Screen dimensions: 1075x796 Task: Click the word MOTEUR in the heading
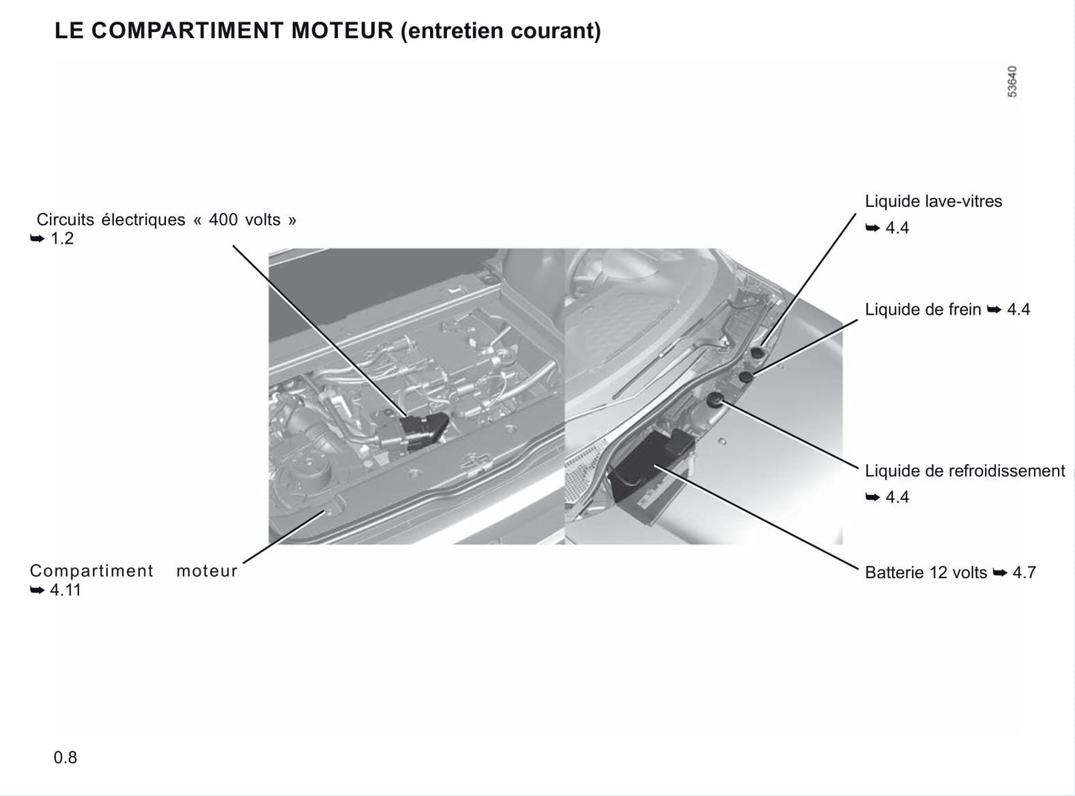(342, 31)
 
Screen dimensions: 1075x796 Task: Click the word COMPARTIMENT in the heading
(187, 31)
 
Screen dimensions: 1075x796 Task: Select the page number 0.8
(65, 757)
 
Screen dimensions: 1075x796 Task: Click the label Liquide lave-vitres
(934, 201)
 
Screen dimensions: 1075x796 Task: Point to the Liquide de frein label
(922, 309)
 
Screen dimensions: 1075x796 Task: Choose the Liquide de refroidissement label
(965, 471)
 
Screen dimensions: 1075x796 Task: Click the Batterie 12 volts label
(925, 573)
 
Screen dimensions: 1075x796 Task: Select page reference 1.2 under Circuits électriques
(62, 239)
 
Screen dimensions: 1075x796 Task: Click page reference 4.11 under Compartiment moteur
(65, 590)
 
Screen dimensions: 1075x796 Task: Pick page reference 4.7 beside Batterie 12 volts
(1024, 573)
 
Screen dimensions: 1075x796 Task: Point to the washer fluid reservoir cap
(757, 353)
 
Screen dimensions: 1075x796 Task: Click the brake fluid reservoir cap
(746, 376)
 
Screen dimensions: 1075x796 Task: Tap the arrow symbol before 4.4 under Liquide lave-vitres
(873, 228)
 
